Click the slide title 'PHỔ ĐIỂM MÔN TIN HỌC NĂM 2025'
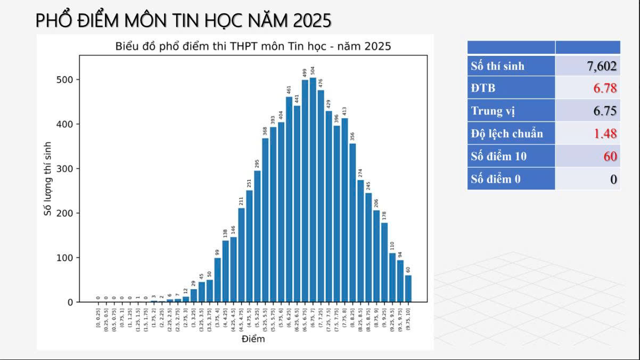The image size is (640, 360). (183, 20)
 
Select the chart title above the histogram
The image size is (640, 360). (253, 46)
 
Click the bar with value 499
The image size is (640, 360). (305, 191)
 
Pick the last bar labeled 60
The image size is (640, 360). (408, 289)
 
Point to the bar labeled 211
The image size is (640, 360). (241, 255)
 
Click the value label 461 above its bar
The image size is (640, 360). (289, 89)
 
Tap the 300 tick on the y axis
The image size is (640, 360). (68, 169)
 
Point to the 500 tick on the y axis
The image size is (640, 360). (68, 80)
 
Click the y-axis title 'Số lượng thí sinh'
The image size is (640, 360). (48, 178)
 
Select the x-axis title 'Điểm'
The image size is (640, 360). (253, 339)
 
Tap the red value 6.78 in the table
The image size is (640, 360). (605, 88)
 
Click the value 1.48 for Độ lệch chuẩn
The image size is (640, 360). (605, 133)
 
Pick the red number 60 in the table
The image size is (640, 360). (610, 157)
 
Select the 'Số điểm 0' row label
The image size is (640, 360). (495, 179)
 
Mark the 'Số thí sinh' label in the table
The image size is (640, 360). (497, 66)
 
